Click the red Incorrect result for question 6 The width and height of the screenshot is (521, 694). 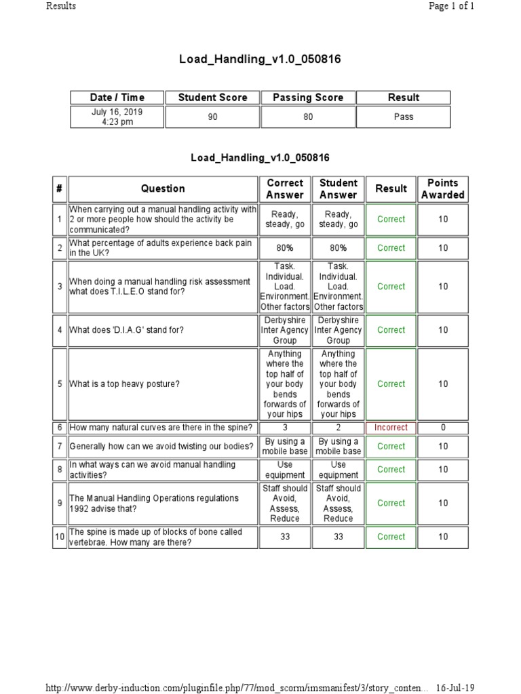(391, 428)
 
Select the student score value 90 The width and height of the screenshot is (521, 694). (212, 117)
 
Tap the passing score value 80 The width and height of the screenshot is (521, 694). (308, 117)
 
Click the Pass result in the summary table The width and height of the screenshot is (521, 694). (403, 117)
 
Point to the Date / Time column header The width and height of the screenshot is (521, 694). (117, 98)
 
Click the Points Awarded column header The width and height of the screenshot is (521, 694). (442, 188)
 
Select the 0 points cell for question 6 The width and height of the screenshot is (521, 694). (442, 428)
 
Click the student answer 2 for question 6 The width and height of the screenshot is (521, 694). (338, 428)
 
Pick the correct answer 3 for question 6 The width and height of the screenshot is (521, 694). (285, 428)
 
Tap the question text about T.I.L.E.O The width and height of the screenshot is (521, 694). (160, 287)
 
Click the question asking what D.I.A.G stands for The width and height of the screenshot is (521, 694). (127, 330)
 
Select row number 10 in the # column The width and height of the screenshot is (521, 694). (60, 537)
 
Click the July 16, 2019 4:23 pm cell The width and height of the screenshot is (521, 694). (117, 117)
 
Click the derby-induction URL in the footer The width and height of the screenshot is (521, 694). (237, 688)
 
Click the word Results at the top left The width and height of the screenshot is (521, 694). (61, 6)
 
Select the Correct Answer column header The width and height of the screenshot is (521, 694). (285, 188)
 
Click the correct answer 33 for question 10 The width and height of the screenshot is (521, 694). (285, 537)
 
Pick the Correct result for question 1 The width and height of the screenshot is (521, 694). (391, 220)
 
